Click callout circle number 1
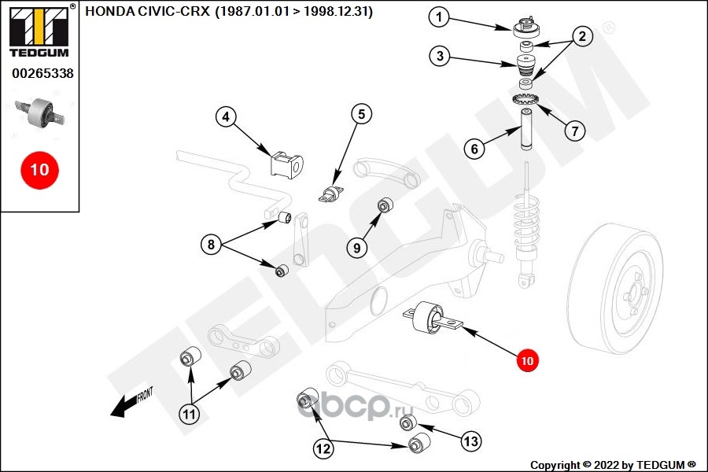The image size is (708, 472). [440, 16]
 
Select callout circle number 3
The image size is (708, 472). [441, 56]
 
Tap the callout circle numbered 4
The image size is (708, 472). [227, 117]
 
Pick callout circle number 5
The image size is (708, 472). [361, 114]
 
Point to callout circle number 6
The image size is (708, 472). [474, 147]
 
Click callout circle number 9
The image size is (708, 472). [356, 248]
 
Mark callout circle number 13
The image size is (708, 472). [470, 441]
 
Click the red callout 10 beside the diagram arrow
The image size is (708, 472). [526, 361]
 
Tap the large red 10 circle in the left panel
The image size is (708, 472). [39, 168]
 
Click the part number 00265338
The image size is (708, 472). [42, 74]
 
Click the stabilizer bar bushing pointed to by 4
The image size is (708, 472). [286, 164]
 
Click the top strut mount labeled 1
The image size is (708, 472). [525, 28]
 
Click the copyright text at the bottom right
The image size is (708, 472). [613, 464]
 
